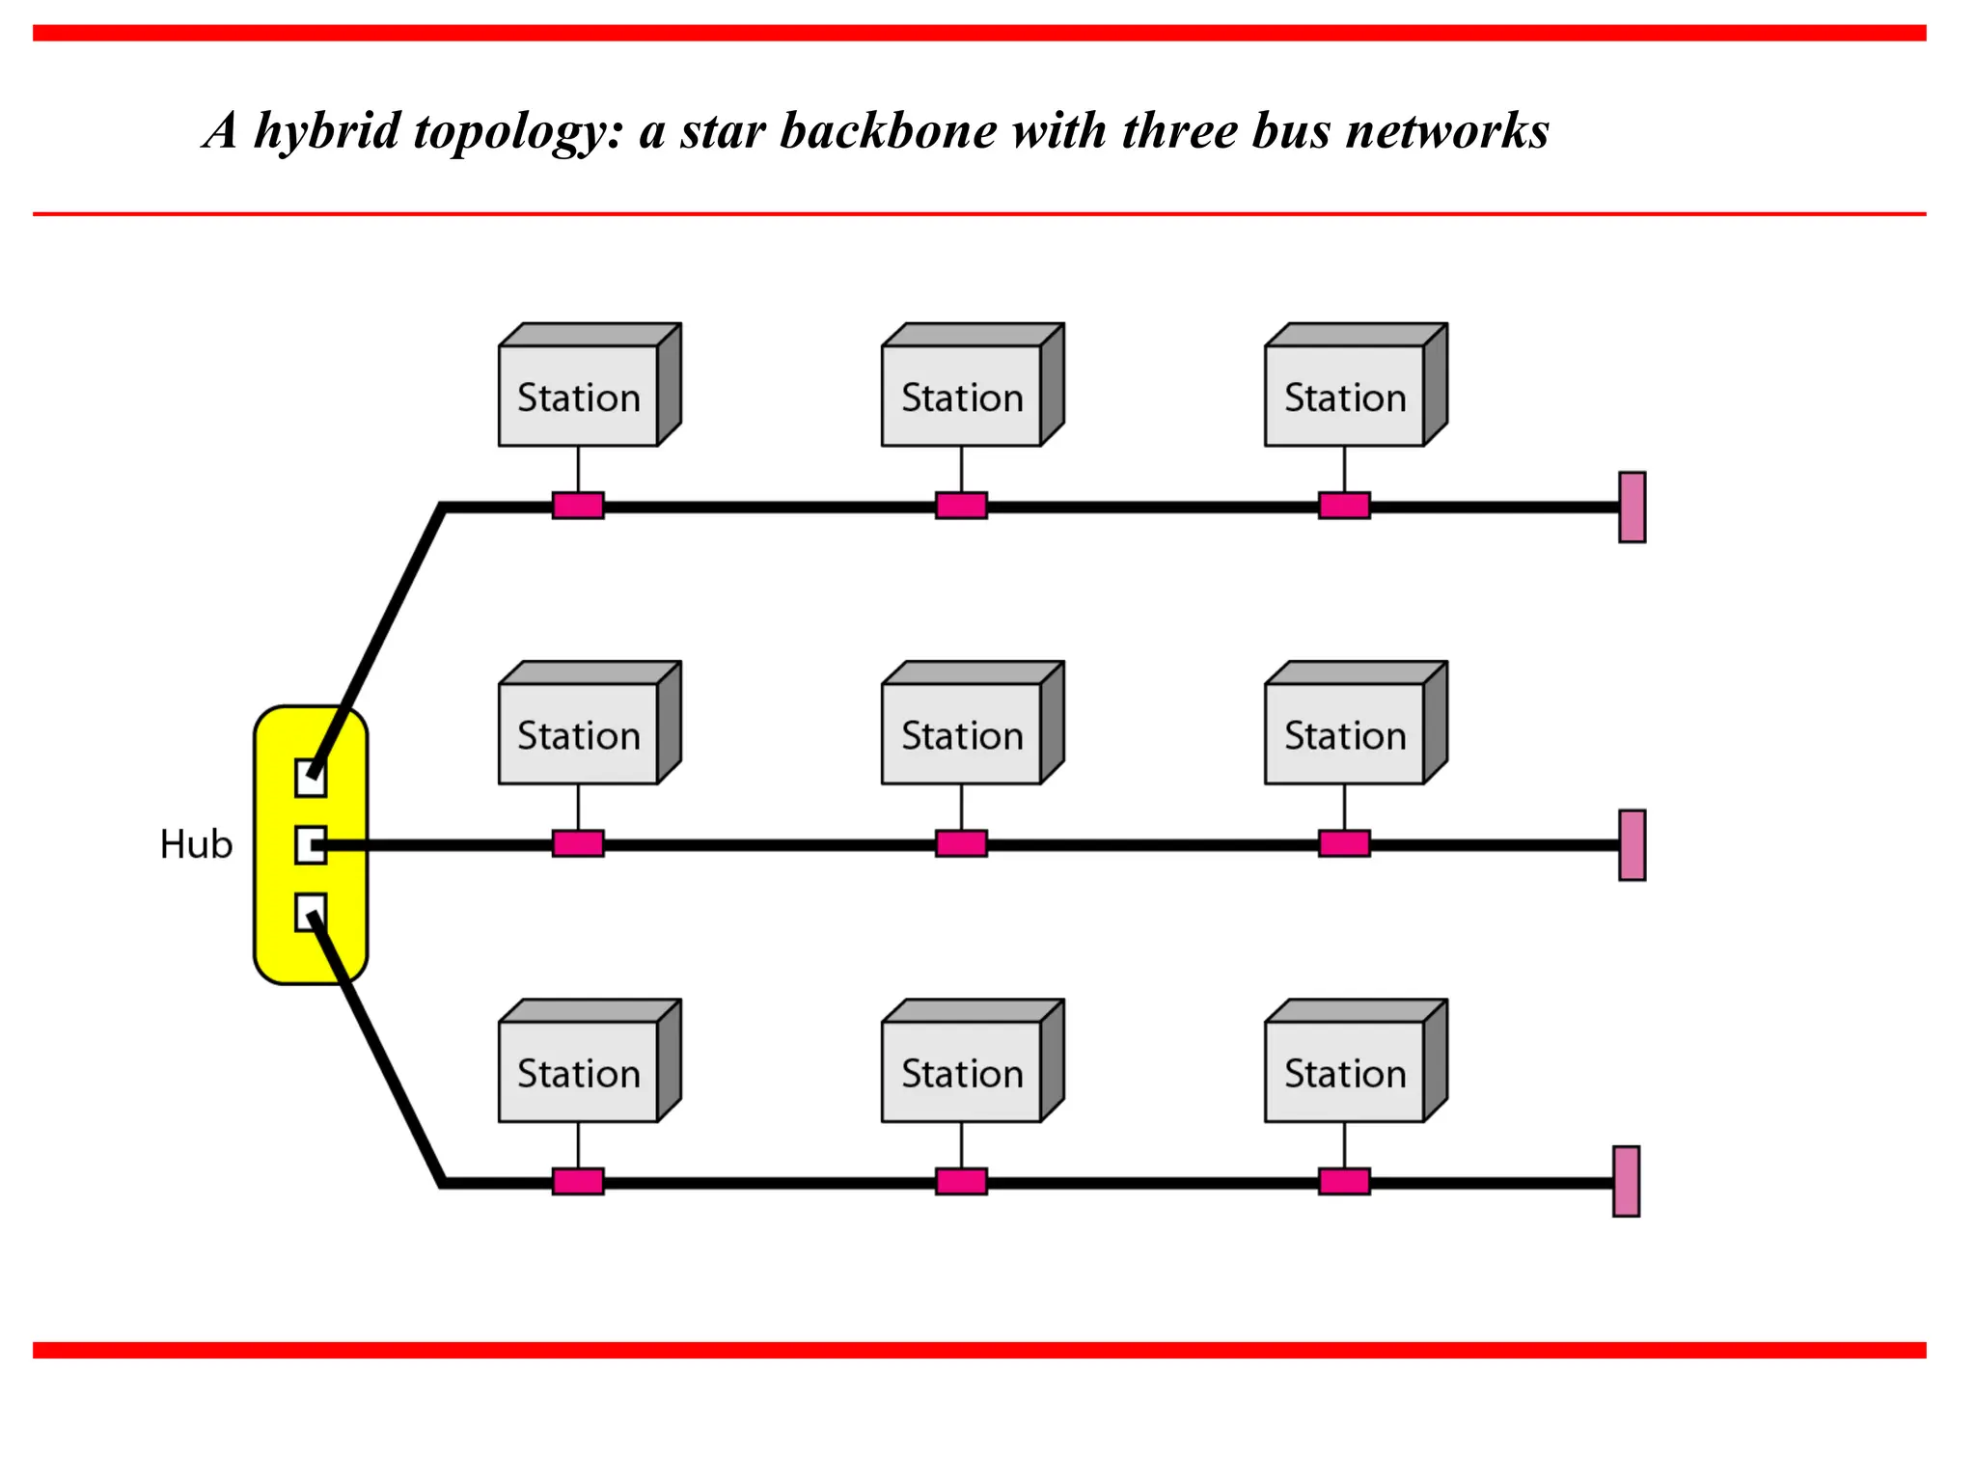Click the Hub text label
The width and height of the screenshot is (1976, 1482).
(x=196, y=844)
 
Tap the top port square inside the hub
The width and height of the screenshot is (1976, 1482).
(x=310, y=778)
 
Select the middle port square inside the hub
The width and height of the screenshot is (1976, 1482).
(x=310, y=844)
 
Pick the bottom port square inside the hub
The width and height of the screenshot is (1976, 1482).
(x=310, y=912)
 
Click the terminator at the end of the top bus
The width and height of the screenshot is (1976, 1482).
(x=1632, y=507)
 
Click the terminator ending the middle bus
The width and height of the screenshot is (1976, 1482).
(x=1632, y=844)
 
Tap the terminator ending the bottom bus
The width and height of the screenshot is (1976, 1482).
(x=1626, y=1181)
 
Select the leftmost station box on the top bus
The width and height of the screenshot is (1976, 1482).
(x=579, y=396)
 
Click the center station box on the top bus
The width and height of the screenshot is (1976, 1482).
(x=962, y=396)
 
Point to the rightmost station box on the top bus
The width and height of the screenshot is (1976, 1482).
(x=1345, y=396)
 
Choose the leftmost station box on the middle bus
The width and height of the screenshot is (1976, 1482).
(x=579, y=733)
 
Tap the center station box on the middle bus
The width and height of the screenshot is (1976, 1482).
(x=962, y=733)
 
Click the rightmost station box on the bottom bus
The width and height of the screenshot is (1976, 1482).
(x=1345, y=1071)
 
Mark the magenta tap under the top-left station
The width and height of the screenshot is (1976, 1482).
(x=578, y=506)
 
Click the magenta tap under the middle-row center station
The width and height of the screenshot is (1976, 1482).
(x=961, y=843)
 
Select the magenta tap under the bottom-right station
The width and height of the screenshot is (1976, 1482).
(x=1344, y=1181)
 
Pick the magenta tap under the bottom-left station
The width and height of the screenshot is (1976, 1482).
(x=578, y=1181)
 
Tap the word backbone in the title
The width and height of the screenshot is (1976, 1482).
(x=888, y=131)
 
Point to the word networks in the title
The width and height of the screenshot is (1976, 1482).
(x=1447, y=131)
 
